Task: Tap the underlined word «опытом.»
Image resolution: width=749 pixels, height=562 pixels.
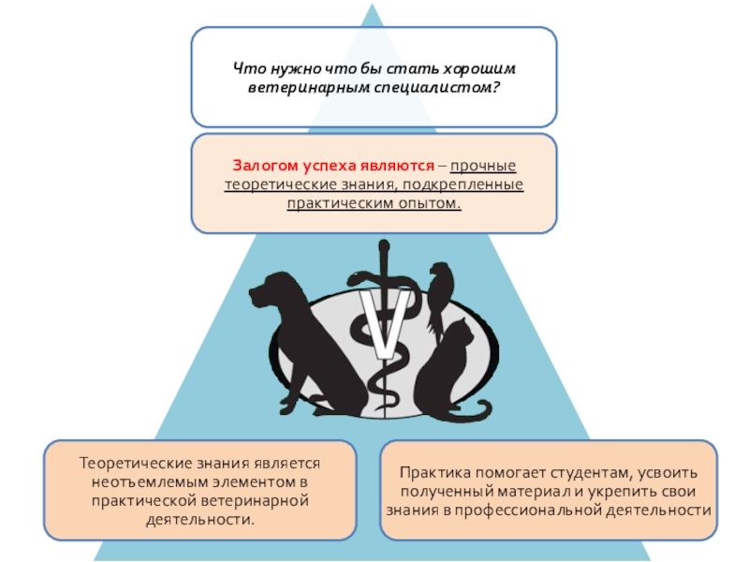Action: click(429, 201)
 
